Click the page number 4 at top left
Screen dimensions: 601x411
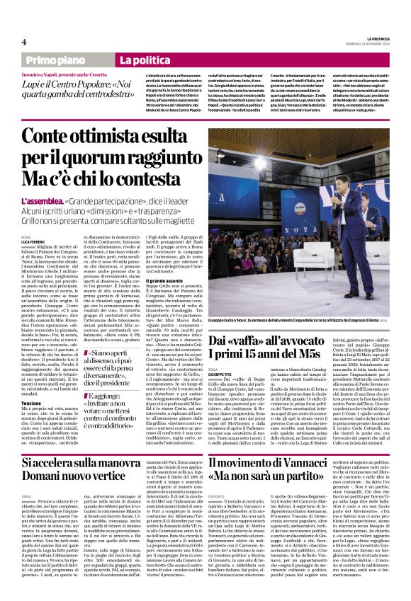coord(24,42)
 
